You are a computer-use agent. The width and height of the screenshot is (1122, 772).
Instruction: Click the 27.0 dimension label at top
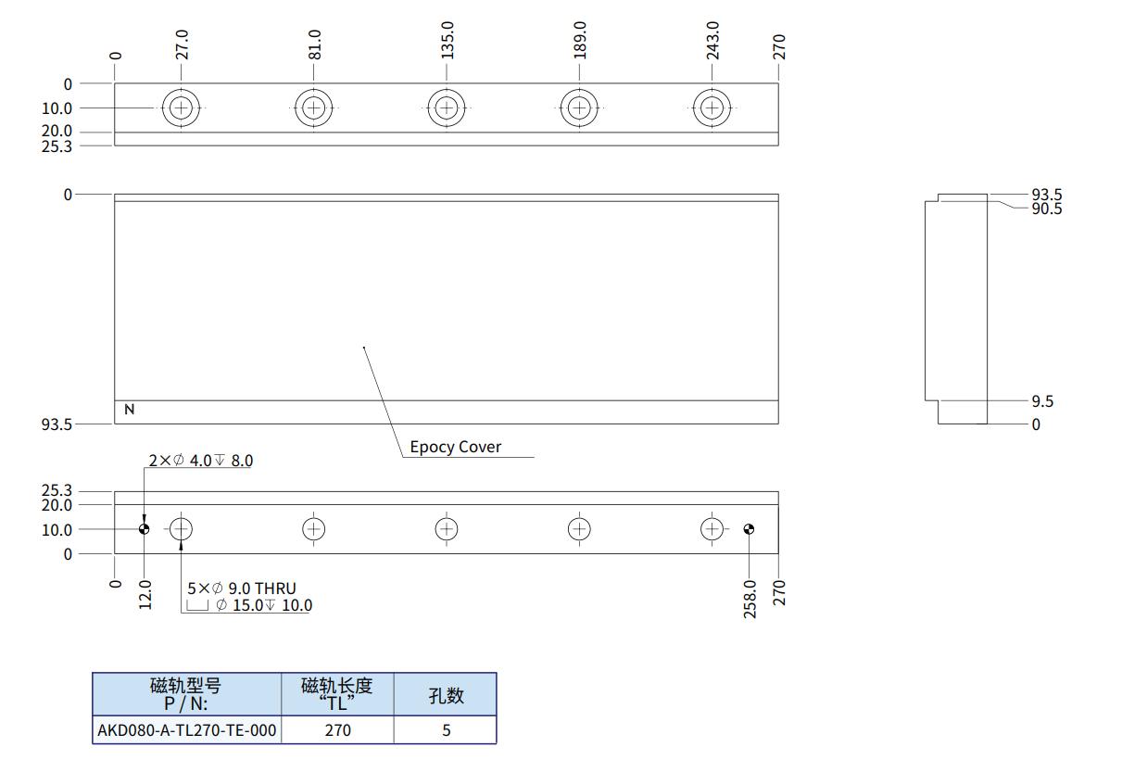click(183, 44)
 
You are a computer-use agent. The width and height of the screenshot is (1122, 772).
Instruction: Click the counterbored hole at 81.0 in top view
click(314, 108)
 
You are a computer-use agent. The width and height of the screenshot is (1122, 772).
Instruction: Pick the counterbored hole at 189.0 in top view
click(579, 108)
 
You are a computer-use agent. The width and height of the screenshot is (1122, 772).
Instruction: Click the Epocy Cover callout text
click(456, 447)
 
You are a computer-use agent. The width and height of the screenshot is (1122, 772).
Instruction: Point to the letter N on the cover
click(130, 409)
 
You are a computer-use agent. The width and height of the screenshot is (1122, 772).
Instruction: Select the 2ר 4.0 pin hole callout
click(201, 461)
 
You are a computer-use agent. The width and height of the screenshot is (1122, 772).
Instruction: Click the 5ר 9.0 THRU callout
click(242, 588)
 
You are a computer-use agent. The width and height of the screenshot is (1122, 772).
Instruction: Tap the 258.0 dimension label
click(750, 599)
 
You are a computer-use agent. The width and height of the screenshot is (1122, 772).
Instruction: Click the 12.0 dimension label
click(145, 593)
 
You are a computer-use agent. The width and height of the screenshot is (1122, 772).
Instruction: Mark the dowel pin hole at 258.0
click(750, 529)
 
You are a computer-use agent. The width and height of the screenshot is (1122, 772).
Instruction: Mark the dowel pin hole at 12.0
click(145, 529)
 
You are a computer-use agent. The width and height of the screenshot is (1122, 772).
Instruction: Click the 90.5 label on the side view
click(1047, 209)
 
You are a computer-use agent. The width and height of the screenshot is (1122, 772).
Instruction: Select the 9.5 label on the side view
click(1042, 401)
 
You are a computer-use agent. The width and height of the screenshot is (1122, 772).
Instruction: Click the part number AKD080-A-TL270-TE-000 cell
click(187, 730)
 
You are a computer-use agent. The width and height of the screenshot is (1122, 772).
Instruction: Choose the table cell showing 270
click(338, 730)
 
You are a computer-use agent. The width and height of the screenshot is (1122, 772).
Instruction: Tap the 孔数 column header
click(446, 695)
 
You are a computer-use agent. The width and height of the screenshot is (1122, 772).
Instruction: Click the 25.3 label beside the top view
click(57, 146)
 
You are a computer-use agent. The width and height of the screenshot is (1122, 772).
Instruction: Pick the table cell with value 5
click(446, 730)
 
